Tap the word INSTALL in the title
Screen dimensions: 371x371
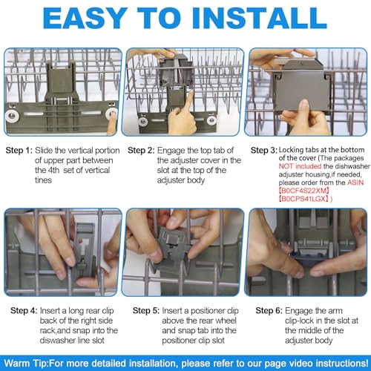[x=260, y=18]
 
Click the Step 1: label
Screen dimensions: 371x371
[x=19, y=151]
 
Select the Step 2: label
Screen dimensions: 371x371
[x=141, y=151]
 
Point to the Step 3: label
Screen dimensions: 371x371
[x=264, y=150]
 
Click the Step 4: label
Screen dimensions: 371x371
[x=24, y=311]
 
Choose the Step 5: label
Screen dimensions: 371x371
[x=146, y=311]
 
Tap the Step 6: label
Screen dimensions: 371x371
[x=269, y=311]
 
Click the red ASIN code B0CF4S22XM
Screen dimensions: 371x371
[x=304, y=191]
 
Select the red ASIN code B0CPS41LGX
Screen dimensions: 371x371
[x=304, y=199]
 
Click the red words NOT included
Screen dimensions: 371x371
[x=300, y=166]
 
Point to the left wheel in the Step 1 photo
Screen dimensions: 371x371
[x=12, y=115]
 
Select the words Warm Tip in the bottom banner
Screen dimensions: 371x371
[x=26, y=364]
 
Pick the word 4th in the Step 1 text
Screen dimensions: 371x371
[x=53, y=170]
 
